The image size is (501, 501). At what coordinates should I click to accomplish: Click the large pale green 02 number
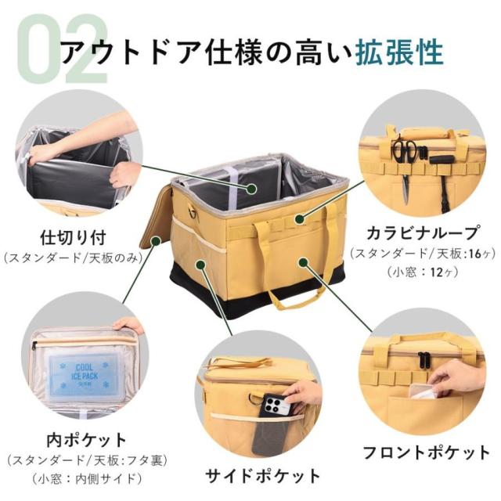[63, 48]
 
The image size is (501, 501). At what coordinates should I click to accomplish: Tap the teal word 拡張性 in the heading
[400, 52]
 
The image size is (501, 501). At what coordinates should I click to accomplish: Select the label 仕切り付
[73, 237]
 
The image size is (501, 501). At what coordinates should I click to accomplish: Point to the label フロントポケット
[427, 452]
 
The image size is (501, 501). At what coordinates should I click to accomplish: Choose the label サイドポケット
[262, 476]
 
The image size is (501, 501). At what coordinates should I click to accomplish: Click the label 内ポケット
[87, 440]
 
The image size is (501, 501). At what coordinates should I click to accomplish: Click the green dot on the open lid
[156, 240]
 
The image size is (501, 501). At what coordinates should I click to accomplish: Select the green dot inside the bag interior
[252, 188]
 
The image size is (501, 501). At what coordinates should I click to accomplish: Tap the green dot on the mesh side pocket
[200, 264]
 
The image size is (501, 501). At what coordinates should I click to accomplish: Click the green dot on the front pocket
[303, 263]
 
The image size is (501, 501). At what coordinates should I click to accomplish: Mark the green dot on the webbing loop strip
[299, 218]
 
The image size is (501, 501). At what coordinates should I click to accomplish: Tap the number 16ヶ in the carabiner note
[479, 254]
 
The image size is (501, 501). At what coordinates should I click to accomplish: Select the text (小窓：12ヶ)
[423, 272]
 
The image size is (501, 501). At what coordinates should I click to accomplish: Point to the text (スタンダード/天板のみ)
[73, 258]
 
